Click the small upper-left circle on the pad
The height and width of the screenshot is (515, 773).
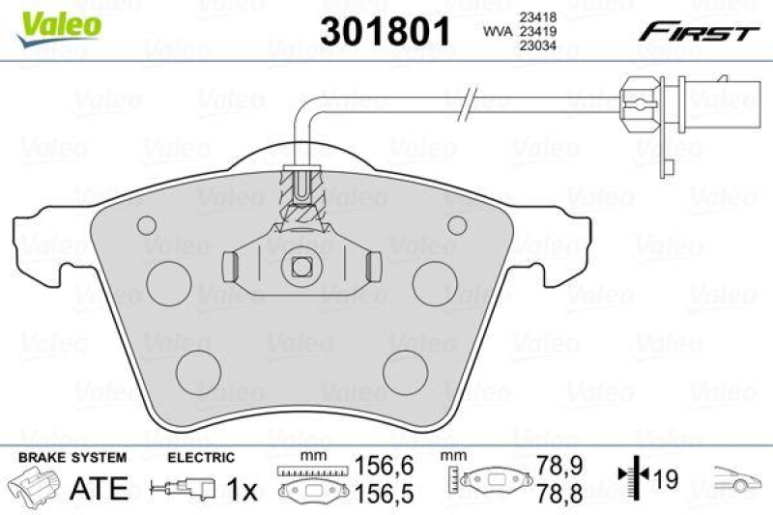point(146,225)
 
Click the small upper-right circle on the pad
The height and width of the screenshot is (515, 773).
point(457,225)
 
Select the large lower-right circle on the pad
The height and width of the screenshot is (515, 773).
point(403,369)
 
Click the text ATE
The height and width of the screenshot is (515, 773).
point(99,489)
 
